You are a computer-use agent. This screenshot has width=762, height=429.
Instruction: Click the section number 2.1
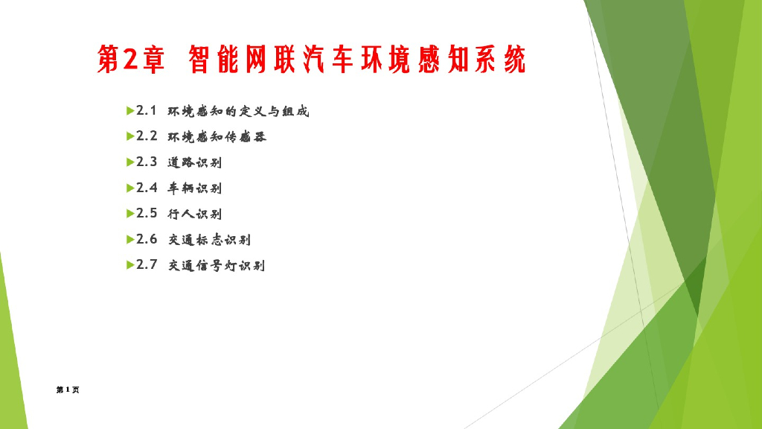[x=147, y=111]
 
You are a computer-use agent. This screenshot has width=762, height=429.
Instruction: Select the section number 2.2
[x=147, y=136]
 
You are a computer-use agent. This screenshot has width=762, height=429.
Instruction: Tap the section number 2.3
[x=147, y=162]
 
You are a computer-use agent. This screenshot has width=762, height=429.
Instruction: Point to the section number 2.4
[x=147, y=188]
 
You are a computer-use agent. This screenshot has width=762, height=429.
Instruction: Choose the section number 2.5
[x=147, y=213]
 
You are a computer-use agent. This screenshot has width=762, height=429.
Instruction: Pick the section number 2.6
[x=147, y=239]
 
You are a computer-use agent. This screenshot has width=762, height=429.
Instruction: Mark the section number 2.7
[x=147, y=264]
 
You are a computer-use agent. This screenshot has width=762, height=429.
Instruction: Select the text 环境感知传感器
[x=217, y=137]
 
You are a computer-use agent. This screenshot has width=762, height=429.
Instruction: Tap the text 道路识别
[x=195, y=162]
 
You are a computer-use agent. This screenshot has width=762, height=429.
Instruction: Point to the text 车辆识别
[x=195, y=188]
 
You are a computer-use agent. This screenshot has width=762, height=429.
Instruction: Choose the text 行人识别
[x=195, y=214]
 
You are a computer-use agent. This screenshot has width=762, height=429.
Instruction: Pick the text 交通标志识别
[x=209, y=240]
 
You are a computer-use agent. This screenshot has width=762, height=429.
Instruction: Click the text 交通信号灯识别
[x=217, y=265]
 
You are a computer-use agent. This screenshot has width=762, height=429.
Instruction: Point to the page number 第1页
[x=68, y=390]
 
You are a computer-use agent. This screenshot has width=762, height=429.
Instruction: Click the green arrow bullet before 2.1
[x=129, y=111]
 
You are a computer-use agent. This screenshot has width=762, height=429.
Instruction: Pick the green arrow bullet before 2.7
[x=129, y=264]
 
